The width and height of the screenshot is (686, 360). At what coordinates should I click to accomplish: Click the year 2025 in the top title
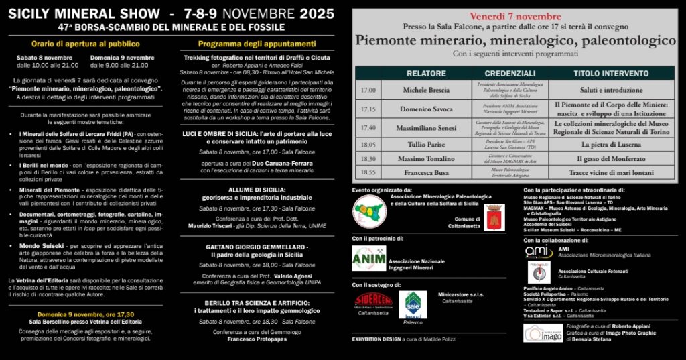[x=317, y=13]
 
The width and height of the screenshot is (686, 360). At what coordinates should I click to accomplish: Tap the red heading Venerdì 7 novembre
[x=515, y=16]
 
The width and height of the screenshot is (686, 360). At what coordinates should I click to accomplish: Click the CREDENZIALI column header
[x=510, y=73]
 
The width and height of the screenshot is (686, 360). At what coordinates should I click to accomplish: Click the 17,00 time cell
[x=368, y=89]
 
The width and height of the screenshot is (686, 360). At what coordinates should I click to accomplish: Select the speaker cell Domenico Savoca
[x=426, y=108]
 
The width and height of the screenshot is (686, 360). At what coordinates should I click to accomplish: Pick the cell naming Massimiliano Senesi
[x=426, y=127]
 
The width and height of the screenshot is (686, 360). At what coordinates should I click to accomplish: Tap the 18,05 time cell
[x=368, y=144]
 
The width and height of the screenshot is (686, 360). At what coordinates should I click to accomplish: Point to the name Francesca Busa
[x=426, y=172]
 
